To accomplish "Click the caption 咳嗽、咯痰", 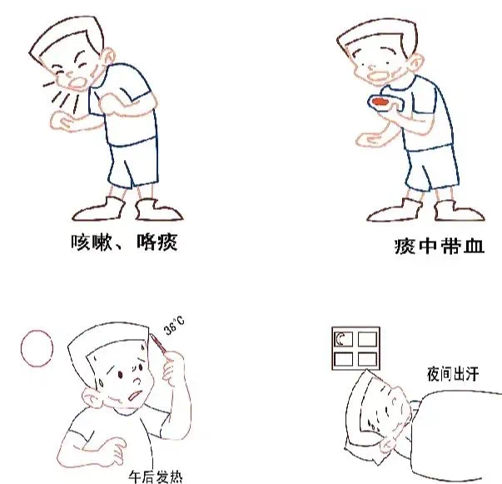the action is click(124, 242).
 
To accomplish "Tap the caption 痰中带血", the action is click(439, 246).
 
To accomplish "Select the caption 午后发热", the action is click(156, 477).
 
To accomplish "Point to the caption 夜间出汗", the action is click(453, 374).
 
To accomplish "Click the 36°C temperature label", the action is click(174, 326).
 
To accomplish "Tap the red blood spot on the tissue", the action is click(380, 102).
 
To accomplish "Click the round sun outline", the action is click(37, 348).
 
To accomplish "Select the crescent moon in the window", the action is click(340, 339).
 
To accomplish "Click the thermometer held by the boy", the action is click(158, 343).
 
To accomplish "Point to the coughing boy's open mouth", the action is click(77, 82).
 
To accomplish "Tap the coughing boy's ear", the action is click(108, 57).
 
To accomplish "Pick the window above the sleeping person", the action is click(355, 348).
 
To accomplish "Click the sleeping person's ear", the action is click(389, 444).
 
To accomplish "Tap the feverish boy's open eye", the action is click(121, 374).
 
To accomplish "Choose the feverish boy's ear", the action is click(92, 397).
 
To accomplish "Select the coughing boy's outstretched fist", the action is click(60, 121).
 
